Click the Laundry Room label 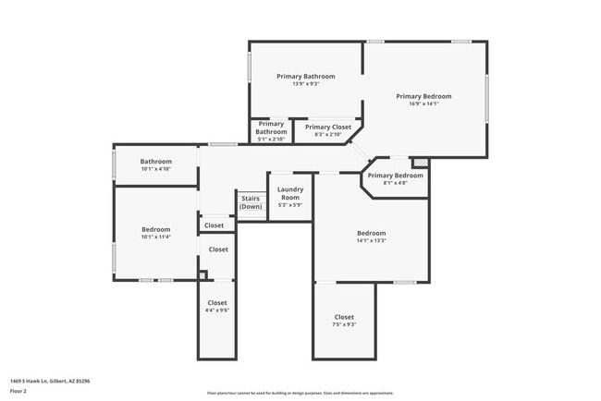(290, 193)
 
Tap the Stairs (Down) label (251, 202)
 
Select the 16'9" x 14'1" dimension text (423, 103)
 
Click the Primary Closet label (328, 128)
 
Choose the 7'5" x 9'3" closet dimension (344, 324)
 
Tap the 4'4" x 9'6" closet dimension (217, 310)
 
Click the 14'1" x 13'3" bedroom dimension (371, 240)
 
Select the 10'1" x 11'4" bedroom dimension (155, 237)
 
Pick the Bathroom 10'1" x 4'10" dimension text (155, 169)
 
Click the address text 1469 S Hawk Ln (50, 381)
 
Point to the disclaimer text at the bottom (300, 393)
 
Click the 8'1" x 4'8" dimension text (395, 183)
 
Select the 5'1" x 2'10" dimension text (271, 140)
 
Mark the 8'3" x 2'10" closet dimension (328, 135)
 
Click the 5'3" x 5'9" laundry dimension (290, 204)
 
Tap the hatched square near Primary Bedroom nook (421, 163)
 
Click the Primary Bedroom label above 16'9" (423, 96)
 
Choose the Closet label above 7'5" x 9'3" (344, 317)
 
